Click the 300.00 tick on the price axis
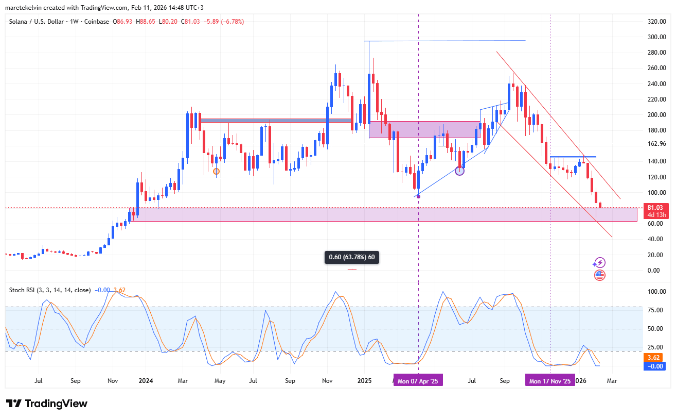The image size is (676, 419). pos(656,37)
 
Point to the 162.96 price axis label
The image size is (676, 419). pos(656,144)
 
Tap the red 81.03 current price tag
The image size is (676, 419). pos(657,208)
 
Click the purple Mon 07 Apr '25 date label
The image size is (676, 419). pos(418,381)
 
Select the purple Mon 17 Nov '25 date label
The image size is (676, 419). pos(550,381)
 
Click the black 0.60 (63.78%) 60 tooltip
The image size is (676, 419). pos(352,257)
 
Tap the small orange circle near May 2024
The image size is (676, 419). pos(216,171)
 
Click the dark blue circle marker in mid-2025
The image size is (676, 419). pos(460,171)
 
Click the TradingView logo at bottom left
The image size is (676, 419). pos(47,404)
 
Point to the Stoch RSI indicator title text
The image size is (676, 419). pos(50,290)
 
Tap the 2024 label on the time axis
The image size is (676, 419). pos(146,381)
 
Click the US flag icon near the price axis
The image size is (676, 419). pos(599,275)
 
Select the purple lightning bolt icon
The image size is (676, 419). pos(599,263)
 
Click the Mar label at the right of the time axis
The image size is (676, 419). pos(612,381)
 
